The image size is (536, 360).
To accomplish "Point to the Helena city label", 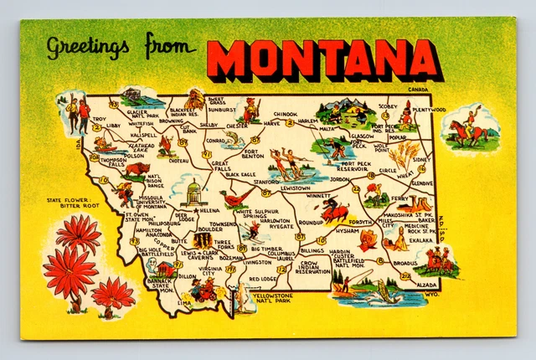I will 209,211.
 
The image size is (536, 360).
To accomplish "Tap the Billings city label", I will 312,250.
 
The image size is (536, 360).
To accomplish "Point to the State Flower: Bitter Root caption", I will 73,203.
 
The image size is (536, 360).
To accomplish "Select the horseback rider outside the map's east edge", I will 469,127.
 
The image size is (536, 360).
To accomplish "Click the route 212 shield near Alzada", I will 406,275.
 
